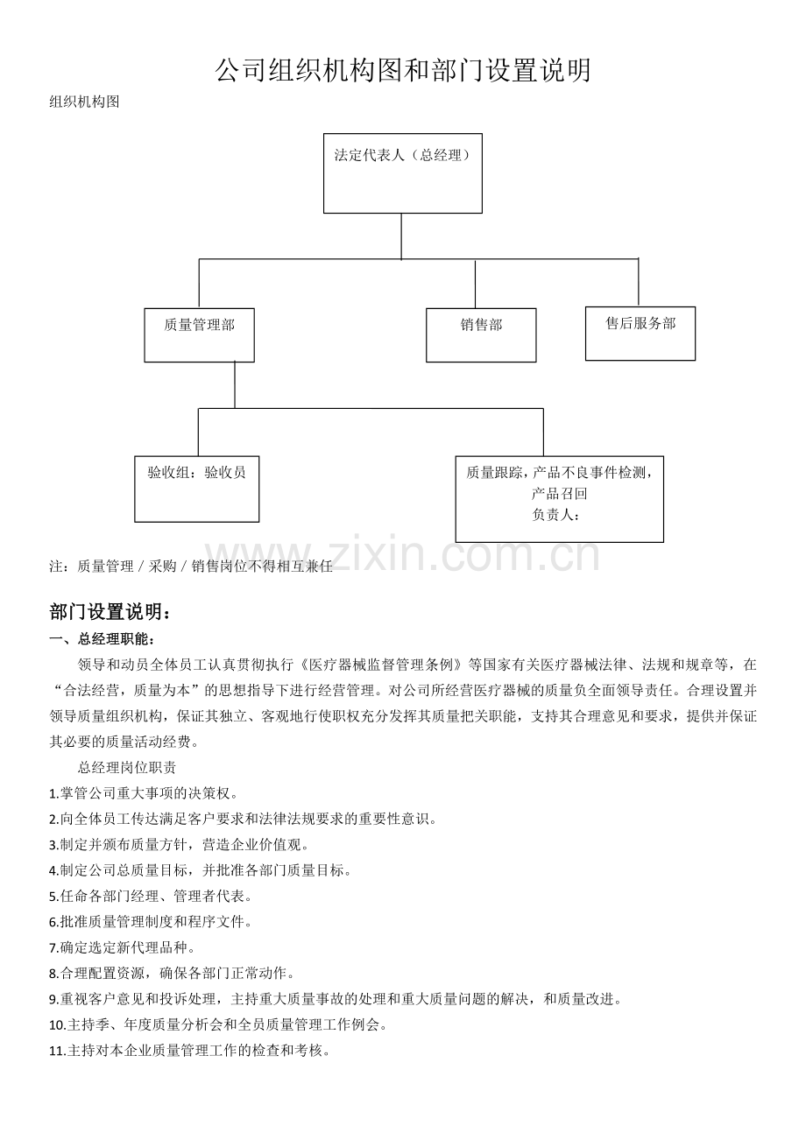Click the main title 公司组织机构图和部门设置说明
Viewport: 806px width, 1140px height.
pyautogui.click(x=403, y=70)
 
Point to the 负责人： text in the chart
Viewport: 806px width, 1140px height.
pyautogui.click(x=556, y=515)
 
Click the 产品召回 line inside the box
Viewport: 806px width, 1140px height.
pyautogui.click(x=560, y=494)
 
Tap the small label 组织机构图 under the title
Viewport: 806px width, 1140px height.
pyautogui.click(x=84, y=102)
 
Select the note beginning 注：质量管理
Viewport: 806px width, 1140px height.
pyautogui.click(x=191, y=566)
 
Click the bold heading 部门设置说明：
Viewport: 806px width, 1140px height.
pyautogui.click(x=110, y=612)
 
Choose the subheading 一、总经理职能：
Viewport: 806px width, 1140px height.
pyautogui.click(x=102, y=639)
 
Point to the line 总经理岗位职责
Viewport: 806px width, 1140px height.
pyautogui.click(x=127, y=768)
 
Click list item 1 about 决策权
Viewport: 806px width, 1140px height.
pyautogui.click(x=144, y=793)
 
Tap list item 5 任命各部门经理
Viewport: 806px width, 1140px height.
pyautogui.click(x=151, y=897)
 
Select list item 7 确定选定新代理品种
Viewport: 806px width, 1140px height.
pyautogui.click(x=122, y=947)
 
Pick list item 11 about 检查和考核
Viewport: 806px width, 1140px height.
pyautogui.click(x=189, y=1051)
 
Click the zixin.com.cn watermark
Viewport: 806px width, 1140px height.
pyautogui.click(x=402, y=553)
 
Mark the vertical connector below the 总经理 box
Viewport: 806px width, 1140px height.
pyautogui.click(x=401, y=236)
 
